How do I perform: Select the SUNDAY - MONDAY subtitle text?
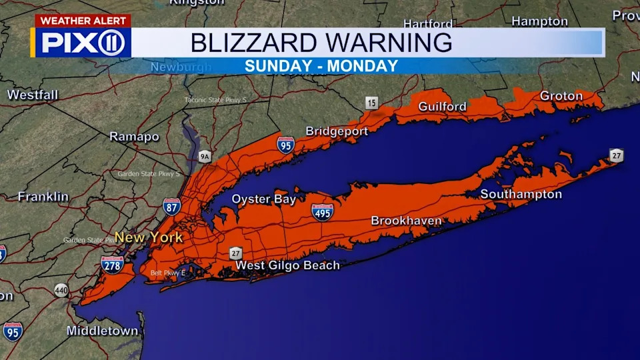tap(321, 66)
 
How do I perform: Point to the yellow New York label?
tap(148, 237)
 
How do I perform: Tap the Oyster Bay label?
tap(263, 199)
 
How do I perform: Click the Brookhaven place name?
tap(406, 221)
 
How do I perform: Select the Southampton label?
tap(521, 195)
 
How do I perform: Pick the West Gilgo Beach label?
tap(287, 265)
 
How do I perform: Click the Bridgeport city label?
tap(337, 131)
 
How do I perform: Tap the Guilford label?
tap(442, 107)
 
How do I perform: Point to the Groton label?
tap(561, 96)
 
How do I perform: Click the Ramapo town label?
tap(134, 137)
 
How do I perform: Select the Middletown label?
tap(102, 331)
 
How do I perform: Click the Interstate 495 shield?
tap(323, 212)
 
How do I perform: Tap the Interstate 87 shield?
tap(171, 206)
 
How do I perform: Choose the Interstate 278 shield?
tap(112, 265)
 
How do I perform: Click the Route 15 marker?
tap(371, 103)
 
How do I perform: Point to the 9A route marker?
tap(205, 157)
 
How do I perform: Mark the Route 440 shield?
tap(61, 291)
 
